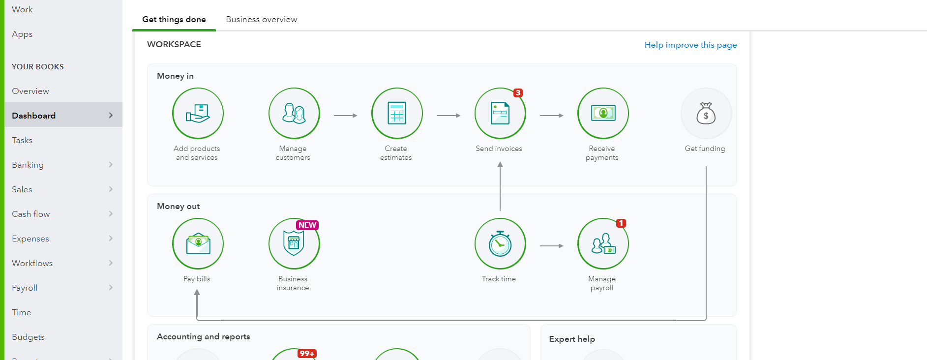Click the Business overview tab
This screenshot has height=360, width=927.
pos(261,20)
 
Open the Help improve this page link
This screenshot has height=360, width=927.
pos(690,45)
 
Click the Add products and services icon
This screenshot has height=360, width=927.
pos(198,113)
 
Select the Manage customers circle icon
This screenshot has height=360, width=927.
pos(294,113)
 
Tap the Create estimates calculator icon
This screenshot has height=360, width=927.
pos(397,113)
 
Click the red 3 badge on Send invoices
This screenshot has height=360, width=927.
pos(518,93)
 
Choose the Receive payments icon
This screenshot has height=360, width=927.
pos(603,113)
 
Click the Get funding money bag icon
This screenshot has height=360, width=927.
pos(706,113)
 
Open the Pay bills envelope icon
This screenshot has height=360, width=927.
pos(198,243)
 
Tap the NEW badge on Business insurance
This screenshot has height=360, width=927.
pos(307,225)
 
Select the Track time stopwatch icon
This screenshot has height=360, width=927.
pos(500,243)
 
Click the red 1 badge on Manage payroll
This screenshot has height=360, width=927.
pos(621,223)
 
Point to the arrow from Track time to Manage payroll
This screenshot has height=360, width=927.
pos(551,246)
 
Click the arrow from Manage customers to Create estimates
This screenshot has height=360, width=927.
pos(345,116)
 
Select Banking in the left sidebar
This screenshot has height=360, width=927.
pos(28,165)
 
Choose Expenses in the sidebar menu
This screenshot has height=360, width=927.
pos(30,239)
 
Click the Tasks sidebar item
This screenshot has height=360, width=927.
pos(22,140)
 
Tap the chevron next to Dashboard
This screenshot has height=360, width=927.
pos(111,116)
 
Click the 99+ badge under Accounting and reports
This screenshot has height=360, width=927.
pos(307,354)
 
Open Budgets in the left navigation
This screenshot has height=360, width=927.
pos(28,337)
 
